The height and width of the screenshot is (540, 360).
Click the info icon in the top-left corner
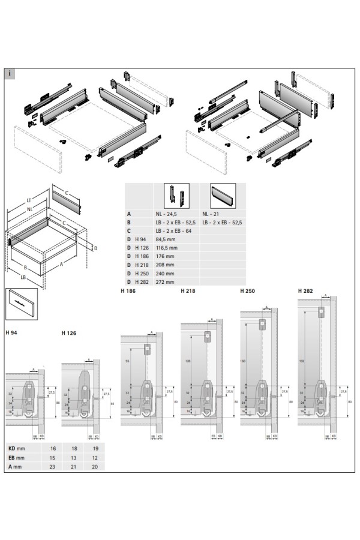pyautogui.click(x=10, y=74)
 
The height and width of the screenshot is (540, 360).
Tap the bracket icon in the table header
pyautogui.click(x=176, y=195)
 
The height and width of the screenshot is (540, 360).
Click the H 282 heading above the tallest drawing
pyautogui.click(x=305, y=292)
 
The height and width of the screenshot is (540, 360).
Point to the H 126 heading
pyautogui.click(x=69, y=332)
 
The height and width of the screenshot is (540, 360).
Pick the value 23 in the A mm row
pyautogui.click(x=52, y=466)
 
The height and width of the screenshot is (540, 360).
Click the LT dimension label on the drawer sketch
pyautogui.click(x=28, y=200)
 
